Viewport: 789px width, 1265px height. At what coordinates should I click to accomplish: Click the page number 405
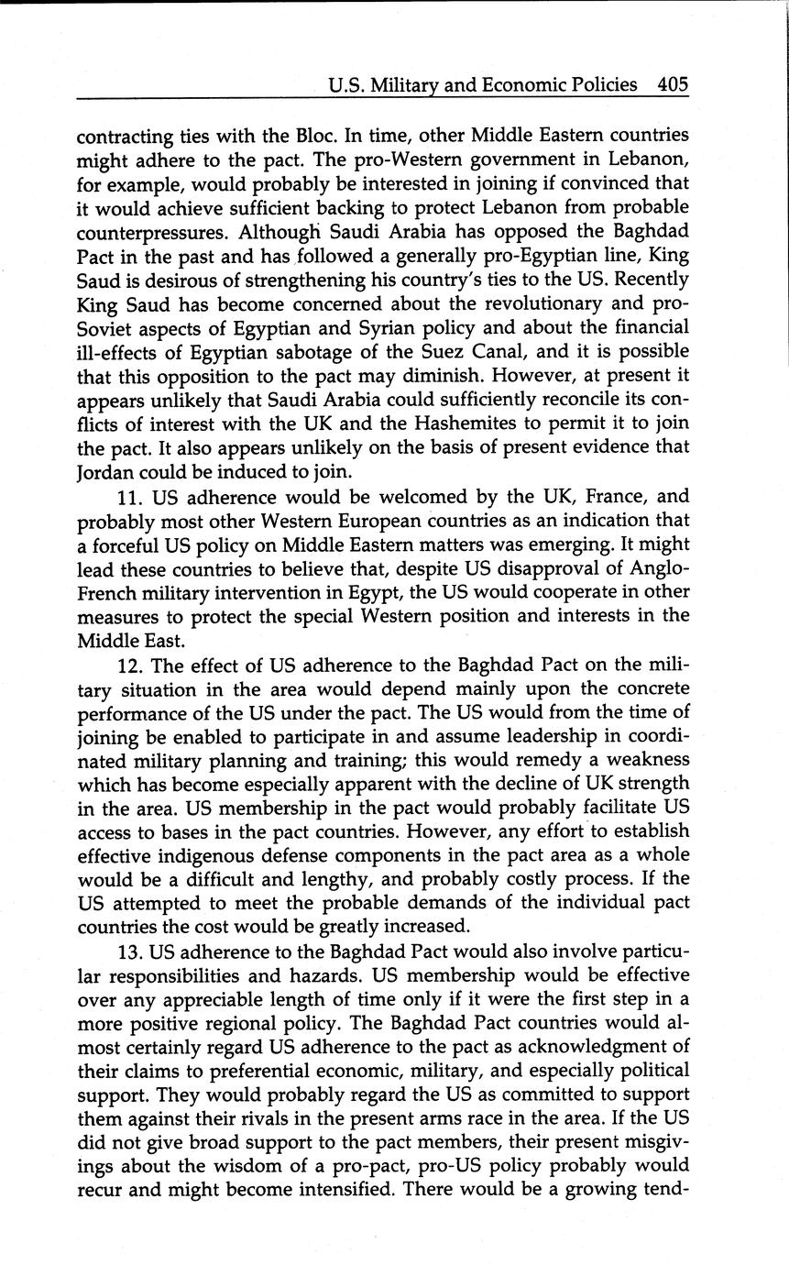click(672, 85)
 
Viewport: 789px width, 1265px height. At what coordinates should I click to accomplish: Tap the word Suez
click(465, 351)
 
